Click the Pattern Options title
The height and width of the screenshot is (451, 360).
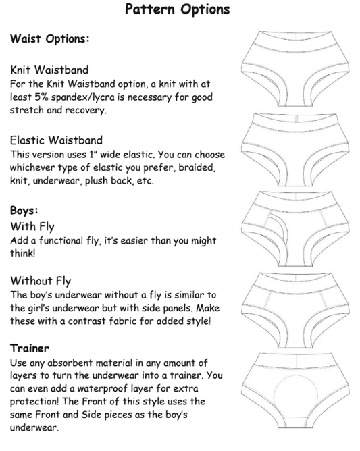click(178, 9)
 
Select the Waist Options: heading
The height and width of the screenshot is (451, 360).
click(50, 38)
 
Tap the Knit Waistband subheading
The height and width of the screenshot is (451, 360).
click(49, 70)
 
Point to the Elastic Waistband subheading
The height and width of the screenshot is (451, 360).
click(57, 140)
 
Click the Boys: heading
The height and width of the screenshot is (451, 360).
click(24, 210)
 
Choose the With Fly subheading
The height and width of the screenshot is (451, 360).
click(32, 227)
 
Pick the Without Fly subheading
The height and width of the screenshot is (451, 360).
click(41, 281)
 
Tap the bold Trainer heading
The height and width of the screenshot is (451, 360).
click(30, 348)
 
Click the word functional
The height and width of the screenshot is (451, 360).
click(61, 240)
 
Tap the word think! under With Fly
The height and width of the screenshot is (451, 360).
click(23, 253)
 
